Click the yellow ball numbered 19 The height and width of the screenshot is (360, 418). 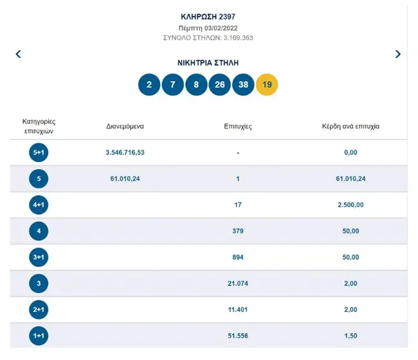(267, 85)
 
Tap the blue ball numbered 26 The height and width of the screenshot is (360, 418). (220, 85)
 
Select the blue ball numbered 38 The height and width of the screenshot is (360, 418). (243, 85)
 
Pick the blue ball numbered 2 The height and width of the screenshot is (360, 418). (149, 85)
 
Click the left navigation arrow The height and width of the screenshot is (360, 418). (19, 54)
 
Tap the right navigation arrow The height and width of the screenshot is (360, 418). (398, 54)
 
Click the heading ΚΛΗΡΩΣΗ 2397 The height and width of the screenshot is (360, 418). (208, 15)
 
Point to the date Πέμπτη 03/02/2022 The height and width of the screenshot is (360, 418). (208, 28)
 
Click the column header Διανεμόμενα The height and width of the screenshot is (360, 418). (125, 126)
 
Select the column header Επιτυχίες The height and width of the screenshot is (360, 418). (238, 126)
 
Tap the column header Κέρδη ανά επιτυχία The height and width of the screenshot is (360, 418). (350, 126)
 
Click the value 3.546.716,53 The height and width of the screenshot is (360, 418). (125, 152)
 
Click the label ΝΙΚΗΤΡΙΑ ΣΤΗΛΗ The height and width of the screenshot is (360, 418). (208, 63)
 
